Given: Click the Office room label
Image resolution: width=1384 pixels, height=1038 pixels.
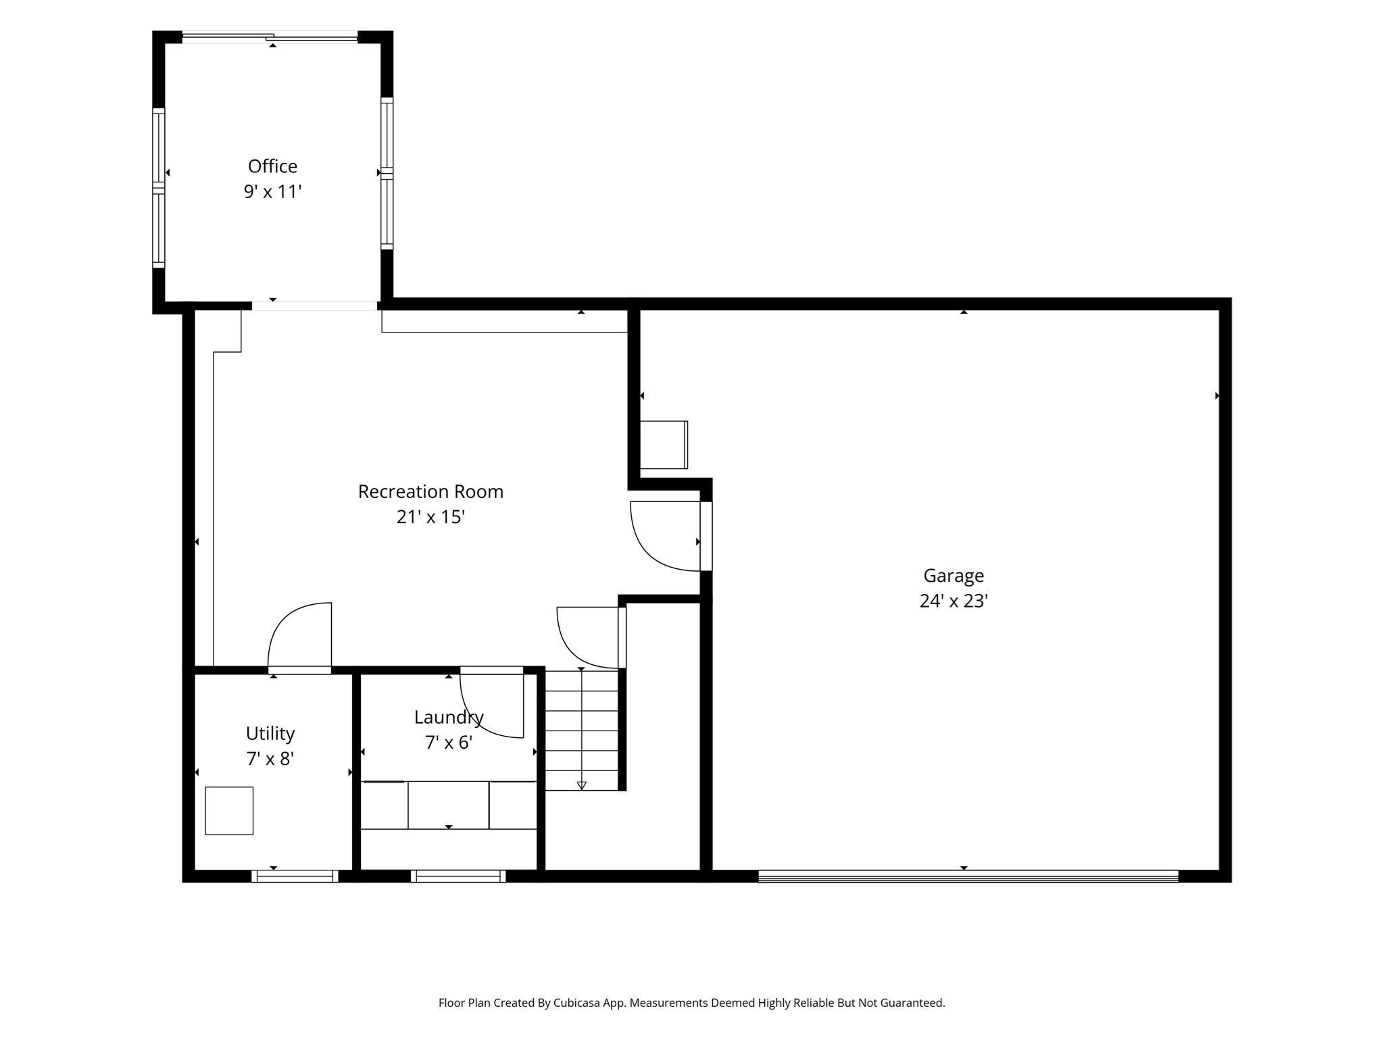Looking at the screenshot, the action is coord(272,166).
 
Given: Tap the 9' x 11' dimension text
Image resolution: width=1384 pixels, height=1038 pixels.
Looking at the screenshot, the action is coord(272,192).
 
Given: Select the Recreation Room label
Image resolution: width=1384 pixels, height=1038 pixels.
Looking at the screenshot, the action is coord(430,491).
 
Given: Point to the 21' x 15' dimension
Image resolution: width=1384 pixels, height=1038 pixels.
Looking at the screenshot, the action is coord(430,517).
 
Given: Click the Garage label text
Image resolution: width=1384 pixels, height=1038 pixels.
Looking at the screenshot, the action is coord(954,576).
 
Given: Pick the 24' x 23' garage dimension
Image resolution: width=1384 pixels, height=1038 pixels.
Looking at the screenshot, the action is coord(954,601).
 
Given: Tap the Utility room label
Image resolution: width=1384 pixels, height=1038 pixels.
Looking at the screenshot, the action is coord(270,734).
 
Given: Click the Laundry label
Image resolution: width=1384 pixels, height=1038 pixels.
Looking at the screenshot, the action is coord(449,718).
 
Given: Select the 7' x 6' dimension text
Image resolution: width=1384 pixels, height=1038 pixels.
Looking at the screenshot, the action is coord(449,743).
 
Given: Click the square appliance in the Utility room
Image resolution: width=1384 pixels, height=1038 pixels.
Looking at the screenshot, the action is coord(229,810).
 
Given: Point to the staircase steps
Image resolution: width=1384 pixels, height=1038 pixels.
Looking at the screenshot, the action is coord(582,730).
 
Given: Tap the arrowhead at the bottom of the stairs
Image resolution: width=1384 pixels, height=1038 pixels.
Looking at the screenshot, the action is coord(582,785).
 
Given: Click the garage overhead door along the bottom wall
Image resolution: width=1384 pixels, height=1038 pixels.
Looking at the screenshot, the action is coord(968,876).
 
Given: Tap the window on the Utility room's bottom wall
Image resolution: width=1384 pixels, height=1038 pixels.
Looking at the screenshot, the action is coord(295,876).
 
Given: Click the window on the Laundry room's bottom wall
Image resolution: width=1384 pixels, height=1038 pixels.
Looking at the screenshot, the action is coord(458,876).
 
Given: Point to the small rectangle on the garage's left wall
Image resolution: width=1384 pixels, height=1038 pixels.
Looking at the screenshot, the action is coord(664,445).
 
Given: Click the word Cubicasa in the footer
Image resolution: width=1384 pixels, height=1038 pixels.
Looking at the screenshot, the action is coord(577,1003).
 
